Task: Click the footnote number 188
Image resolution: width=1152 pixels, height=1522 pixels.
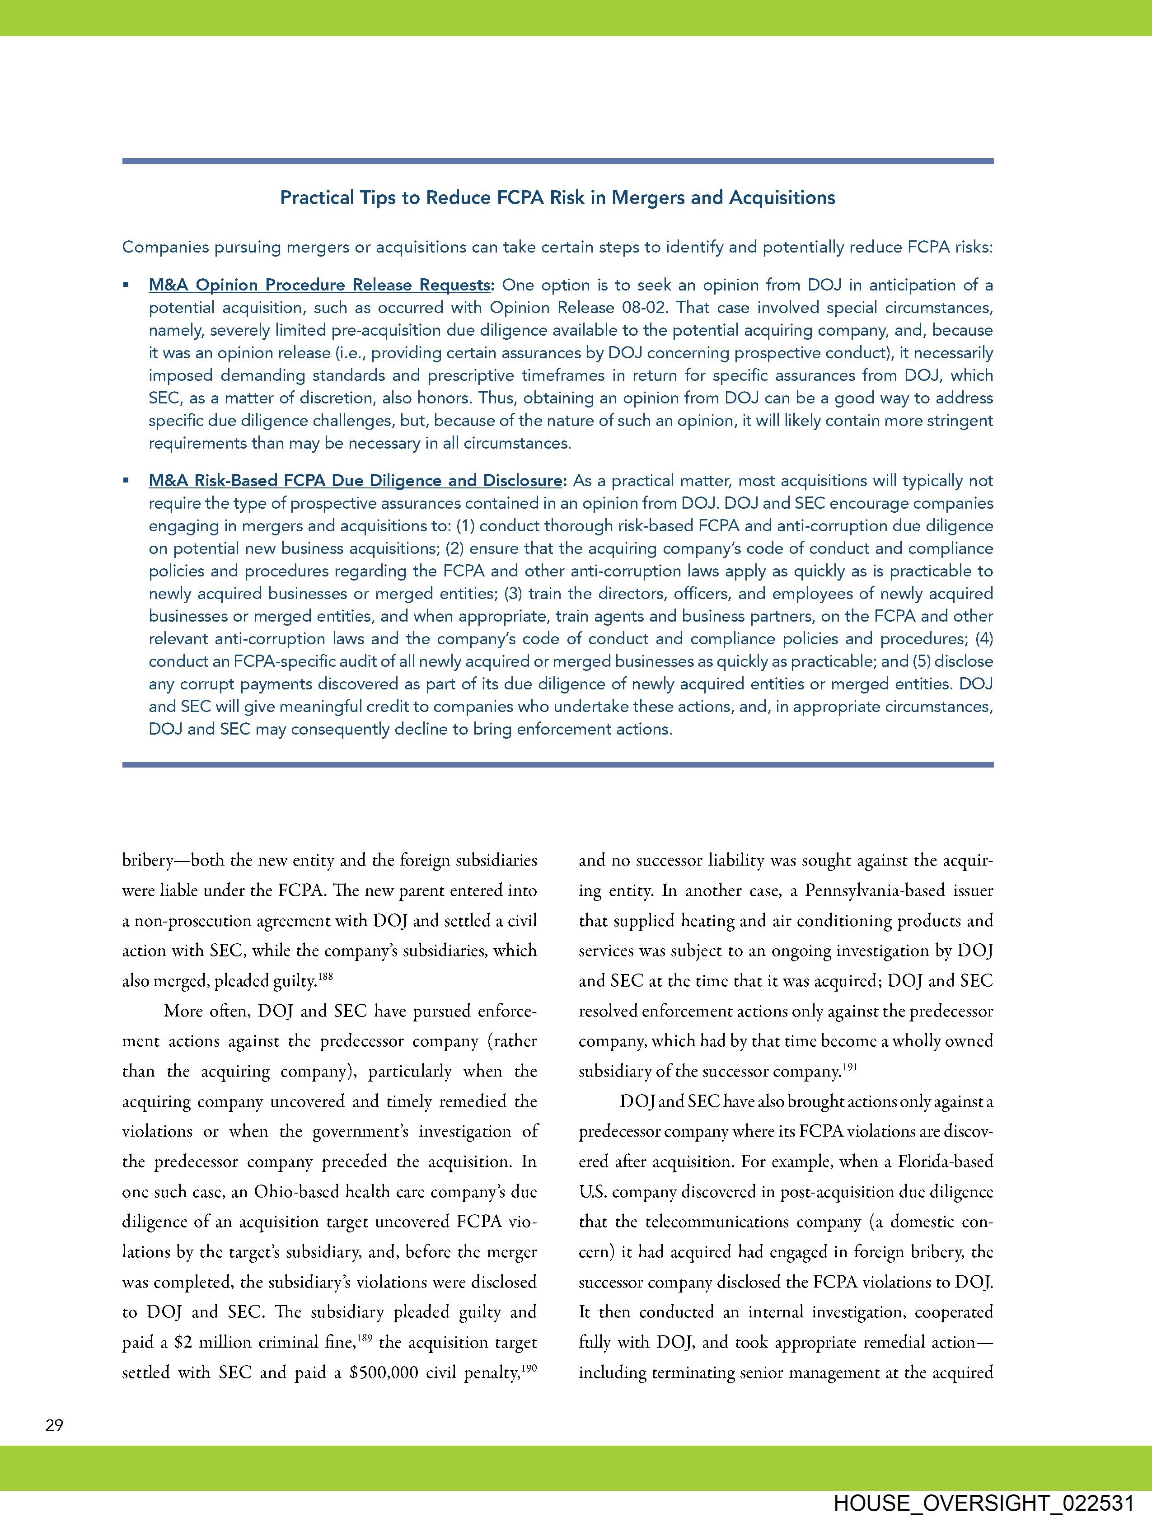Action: pos(326,976)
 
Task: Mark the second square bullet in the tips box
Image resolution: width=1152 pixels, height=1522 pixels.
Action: pos(126,480)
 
